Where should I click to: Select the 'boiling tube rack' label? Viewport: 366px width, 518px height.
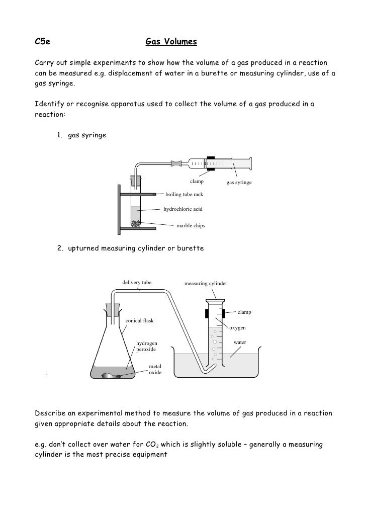[185, 195]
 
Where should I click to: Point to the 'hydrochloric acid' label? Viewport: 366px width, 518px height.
[183, 208]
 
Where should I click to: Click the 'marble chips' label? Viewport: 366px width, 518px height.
[191, 226]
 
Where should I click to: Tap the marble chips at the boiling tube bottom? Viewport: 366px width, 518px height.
[136, 224]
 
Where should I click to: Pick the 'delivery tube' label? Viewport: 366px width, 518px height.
[137, 283]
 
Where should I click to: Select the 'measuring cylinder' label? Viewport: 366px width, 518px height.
[206, 284]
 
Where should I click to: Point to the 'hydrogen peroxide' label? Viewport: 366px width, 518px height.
[147, 346]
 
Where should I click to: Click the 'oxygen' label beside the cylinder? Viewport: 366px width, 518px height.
[238, 328]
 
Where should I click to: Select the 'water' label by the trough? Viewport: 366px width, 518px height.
[240, 342]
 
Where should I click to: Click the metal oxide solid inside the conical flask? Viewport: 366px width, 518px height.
[115, 375]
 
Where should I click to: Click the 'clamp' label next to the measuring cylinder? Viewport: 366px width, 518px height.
[244, 312]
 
